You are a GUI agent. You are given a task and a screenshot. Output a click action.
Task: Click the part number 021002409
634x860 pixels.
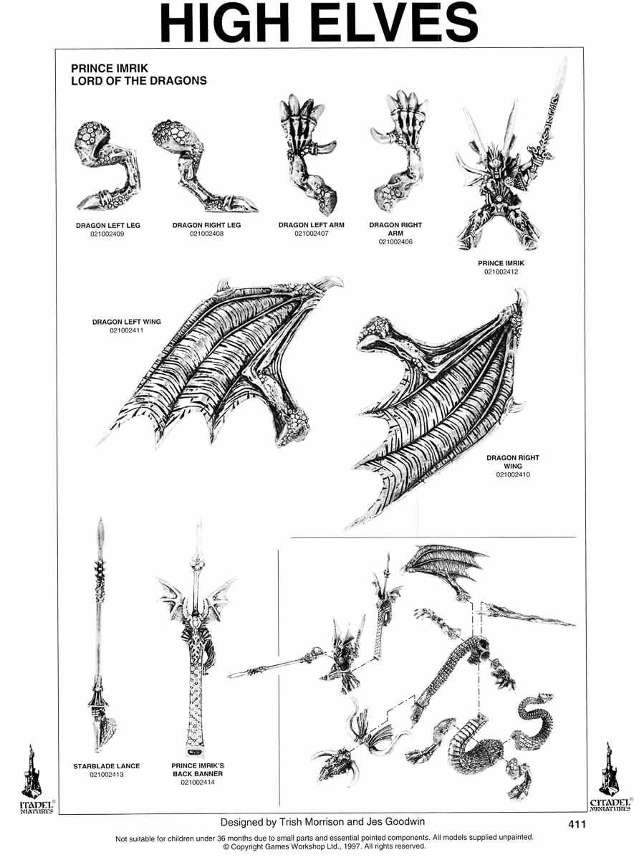click(107, 234)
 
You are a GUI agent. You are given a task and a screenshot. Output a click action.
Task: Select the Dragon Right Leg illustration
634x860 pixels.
click(205, 166)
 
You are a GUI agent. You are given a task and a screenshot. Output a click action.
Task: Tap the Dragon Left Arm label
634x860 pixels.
click(311, 225)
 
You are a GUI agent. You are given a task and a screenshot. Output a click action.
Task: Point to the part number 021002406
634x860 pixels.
click(395, 242)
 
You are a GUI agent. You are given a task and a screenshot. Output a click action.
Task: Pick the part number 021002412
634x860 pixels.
click(501, 272)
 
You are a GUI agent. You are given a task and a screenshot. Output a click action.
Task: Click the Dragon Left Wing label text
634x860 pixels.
click(126, 322)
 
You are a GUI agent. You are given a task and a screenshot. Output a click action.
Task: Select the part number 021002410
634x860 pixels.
click(513, 474)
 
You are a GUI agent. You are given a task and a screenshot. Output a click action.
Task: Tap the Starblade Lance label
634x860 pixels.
click(106, 766)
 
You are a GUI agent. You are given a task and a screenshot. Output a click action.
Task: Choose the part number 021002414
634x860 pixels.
click(198, 782)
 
